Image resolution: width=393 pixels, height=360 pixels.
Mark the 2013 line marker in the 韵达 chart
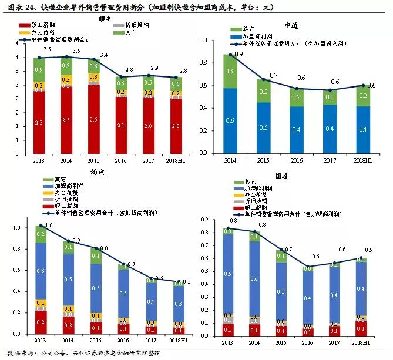tap(41, 226)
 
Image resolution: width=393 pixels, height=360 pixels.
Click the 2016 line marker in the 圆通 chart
tap(308, 267)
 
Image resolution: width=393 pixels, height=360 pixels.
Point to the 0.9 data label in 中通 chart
tap(239, 54)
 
